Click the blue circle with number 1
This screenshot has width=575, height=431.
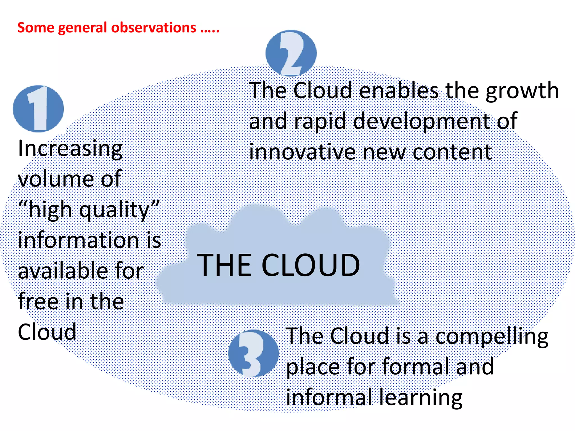(x=38, y=109)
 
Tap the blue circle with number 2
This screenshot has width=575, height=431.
(x=291, y=53)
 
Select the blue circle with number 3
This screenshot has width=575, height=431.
(x=253, y=353)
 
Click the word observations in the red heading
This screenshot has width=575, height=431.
(x=154, y=28)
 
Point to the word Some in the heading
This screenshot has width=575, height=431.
(x=36, y=28)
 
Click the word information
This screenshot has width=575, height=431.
(x=79, y=240)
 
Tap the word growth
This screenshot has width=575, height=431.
(x=522, y=91)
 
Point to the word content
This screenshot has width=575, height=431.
(x=452, y=153)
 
